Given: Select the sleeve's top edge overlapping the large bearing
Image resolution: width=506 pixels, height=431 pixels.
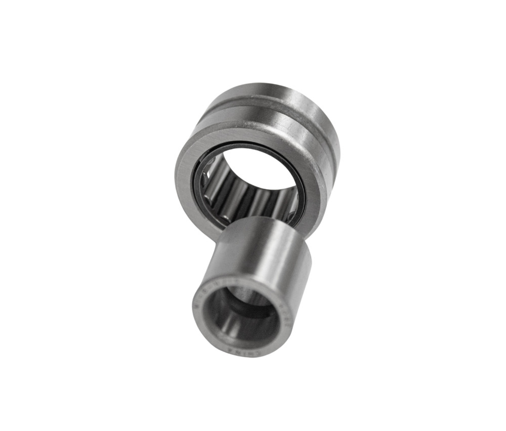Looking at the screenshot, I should pyautogui.click(x=263, y=223).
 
